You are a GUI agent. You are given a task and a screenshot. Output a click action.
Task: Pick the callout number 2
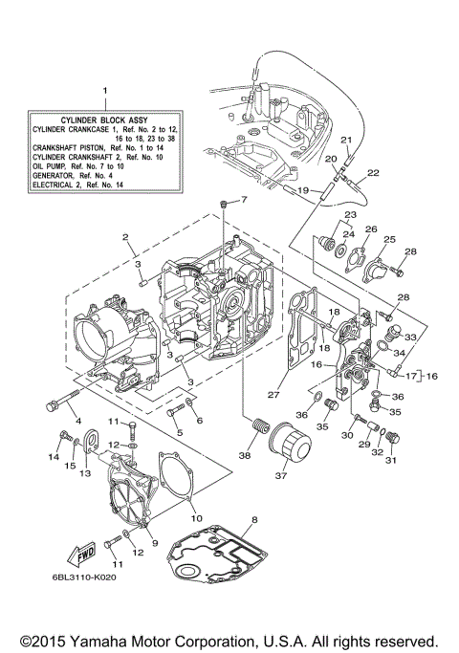point(124,236)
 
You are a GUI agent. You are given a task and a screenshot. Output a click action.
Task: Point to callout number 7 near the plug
point(243,200)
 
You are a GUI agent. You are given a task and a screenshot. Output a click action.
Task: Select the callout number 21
point(347,141)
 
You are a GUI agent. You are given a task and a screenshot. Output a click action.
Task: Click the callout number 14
point(54,457)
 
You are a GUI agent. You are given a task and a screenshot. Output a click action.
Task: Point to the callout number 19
point(302,190)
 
